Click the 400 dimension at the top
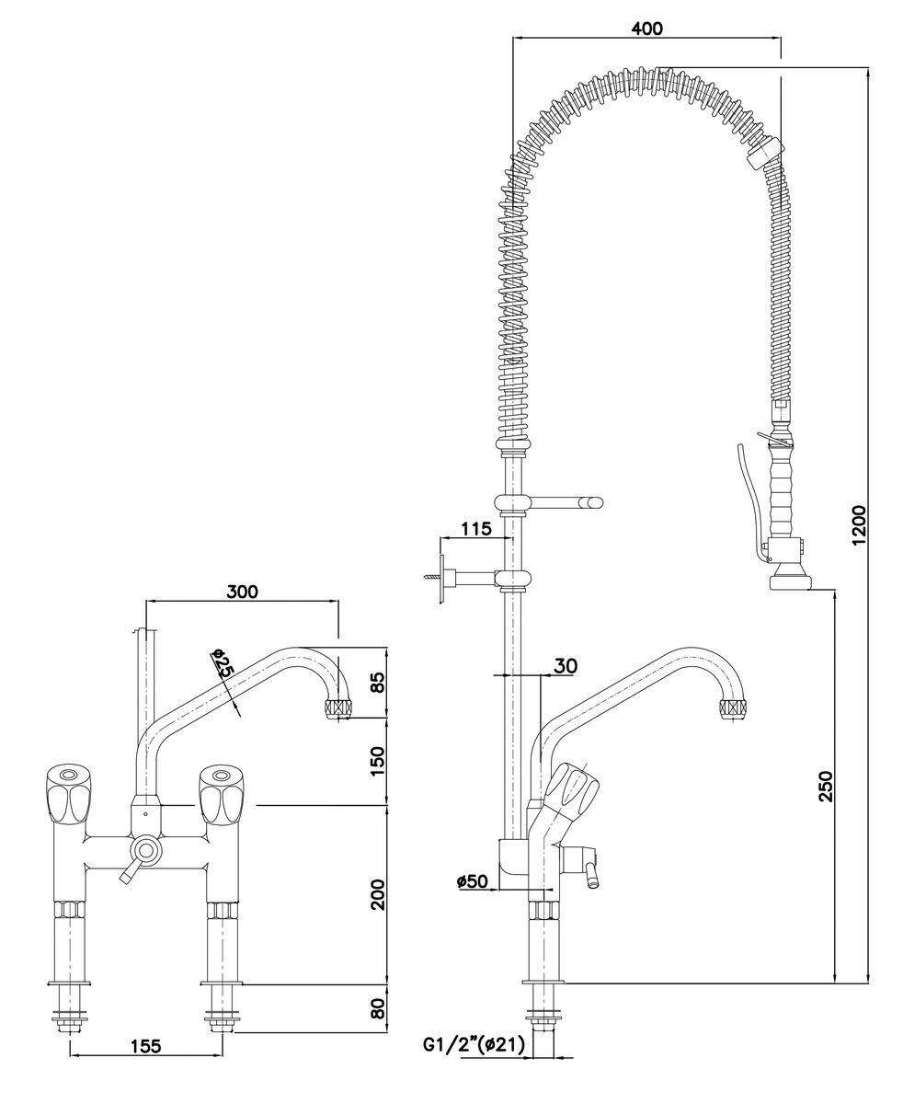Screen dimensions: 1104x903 [647, 29]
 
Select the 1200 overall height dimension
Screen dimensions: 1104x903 [858, 524]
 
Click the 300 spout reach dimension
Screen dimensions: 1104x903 [242, 592]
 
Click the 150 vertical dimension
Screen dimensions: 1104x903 [376, 761]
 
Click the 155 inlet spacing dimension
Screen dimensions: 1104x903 [145, 1045]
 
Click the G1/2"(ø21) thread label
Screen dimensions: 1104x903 [473, 1045]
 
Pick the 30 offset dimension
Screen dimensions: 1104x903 [566, 664]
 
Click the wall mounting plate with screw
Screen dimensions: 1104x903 [443, 578]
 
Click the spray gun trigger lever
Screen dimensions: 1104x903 [747, 501]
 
